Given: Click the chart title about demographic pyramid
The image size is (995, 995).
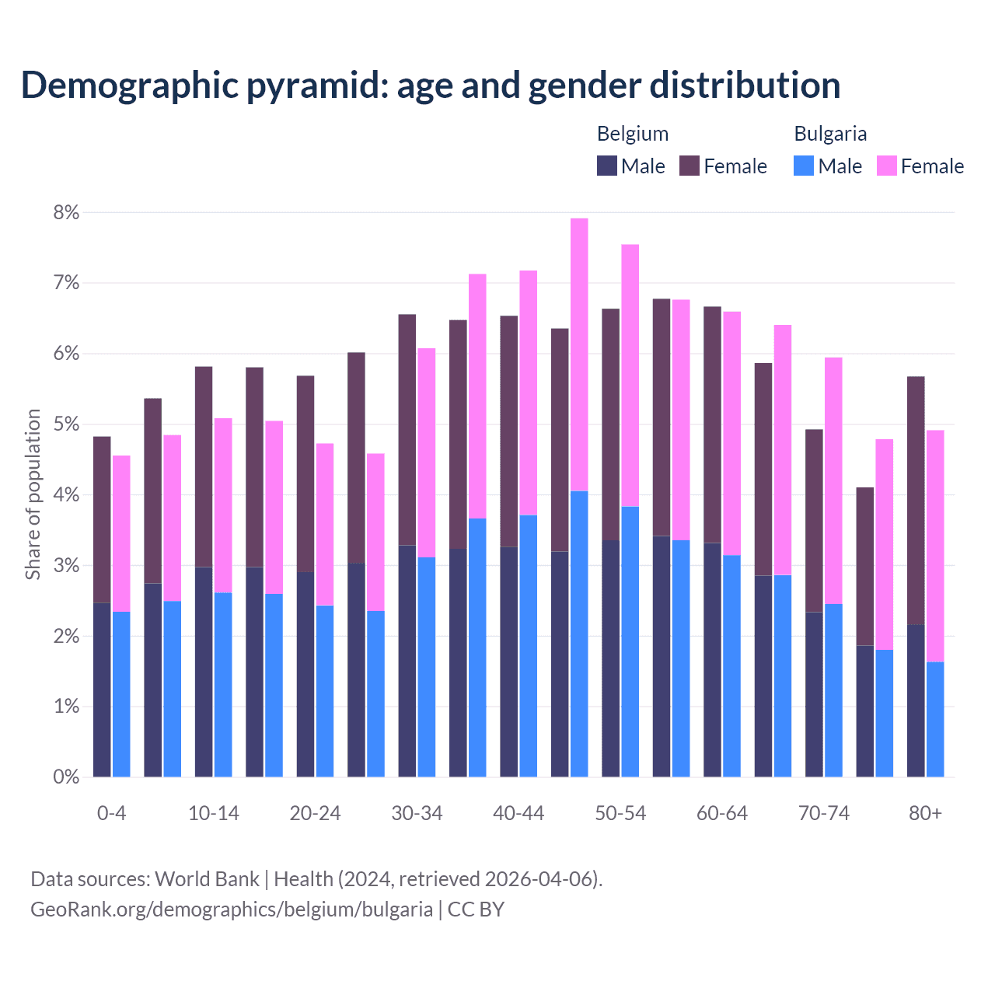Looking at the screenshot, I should (431, 86).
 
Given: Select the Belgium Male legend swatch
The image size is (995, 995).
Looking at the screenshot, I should (607, 166).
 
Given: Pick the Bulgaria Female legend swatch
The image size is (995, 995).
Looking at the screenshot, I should (886, 166).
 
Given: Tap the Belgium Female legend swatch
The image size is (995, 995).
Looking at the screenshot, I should (690, 166).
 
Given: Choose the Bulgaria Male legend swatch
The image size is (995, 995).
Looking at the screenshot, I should (804, 166).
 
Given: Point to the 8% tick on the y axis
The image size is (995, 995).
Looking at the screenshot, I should (66, 213).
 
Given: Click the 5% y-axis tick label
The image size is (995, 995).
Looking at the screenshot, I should (66, 424).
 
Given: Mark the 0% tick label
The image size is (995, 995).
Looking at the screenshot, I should (66, 777).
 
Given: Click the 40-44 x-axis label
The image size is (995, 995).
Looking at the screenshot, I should (518, 814).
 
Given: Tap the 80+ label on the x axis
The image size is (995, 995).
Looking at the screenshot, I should (925, 814).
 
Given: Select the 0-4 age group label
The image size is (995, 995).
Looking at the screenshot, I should (111, 814).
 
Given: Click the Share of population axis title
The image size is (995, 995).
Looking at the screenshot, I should (33, 494).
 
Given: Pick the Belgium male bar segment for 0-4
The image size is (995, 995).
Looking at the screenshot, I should (102, 690).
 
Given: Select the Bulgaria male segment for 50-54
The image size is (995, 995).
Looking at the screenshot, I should (630, 641).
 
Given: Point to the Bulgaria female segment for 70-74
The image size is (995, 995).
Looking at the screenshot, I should (833, 480).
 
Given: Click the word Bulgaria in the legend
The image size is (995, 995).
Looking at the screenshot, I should (830, 134).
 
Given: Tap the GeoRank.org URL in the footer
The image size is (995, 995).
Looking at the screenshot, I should (232, 909).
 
